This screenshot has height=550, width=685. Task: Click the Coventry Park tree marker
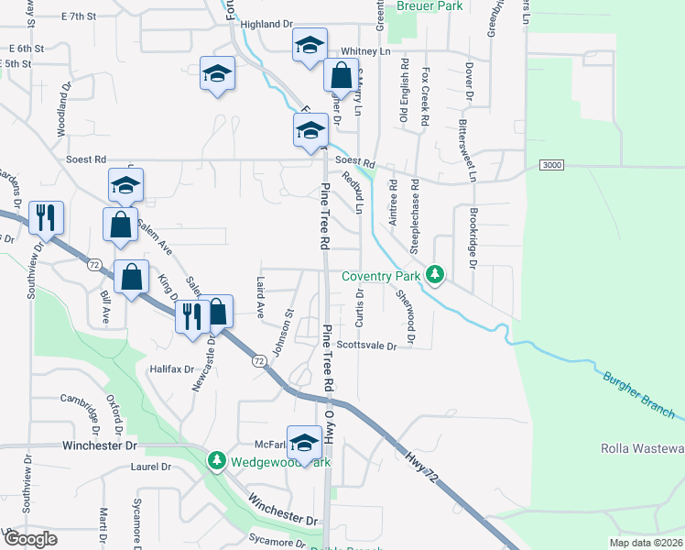point(439,275)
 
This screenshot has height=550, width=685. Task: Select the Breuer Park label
point(429,6)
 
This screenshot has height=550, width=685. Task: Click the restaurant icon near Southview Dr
point(46,218)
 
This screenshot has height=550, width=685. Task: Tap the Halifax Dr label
point(171,369)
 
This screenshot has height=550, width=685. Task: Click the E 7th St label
point(78,16)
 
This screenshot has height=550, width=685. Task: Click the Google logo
point(30,539)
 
